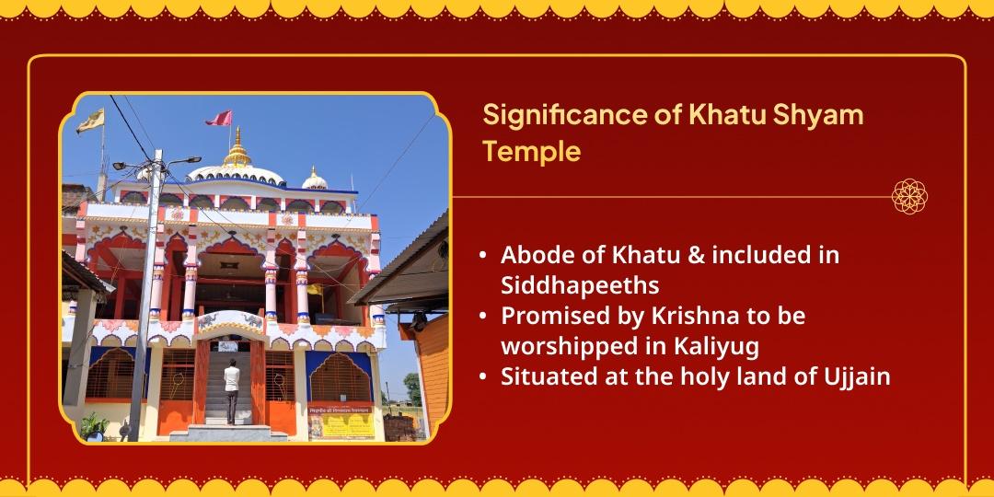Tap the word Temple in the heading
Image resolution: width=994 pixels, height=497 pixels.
(x=531, y=153)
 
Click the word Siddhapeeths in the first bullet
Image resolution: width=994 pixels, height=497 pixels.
(x=580, y=286)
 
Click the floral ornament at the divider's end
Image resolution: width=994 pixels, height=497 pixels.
(x=909, y=197)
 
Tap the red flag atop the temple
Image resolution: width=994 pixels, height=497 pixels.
(x=219, y=118)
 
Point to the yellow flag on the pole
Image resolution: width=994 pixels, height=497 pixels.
(x=90, y=121)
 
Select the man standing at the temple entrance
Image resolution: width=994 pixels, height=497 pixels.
(x=231, y=390)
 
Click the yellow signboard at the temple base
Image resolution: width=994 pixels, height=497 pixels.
(x=341, y=421)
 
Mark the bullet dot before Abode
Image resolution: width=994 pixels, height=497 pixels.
(x=484, y=256)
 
